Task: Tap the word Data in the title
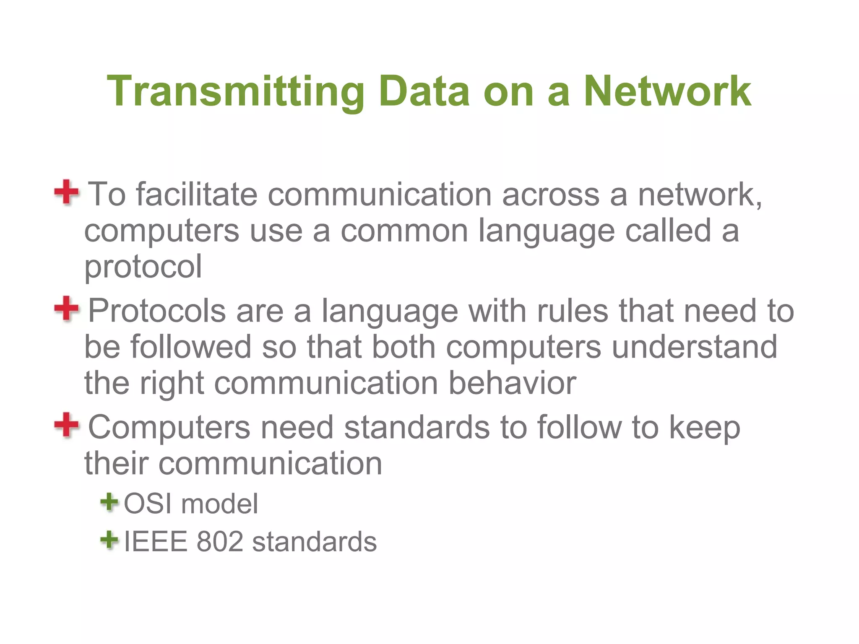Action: coord(424,91)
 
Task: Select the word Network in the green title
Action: coord(667,91)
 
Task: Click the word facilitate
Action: coord(197,195)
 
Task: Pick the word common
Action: coord(404,231)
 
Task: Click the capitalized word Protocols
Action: coord(157,311)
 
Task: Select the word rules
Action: coord(573,311)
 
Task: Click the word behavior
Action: coord(512,383)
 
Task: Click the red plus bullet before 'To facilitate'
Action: coord(66,192)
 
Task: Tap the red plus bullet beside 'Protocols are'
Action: coord(66,309)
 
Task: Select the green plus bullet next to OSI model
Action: coord(109,502)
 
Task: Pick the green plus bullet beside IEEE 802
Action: coord(109,540)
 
